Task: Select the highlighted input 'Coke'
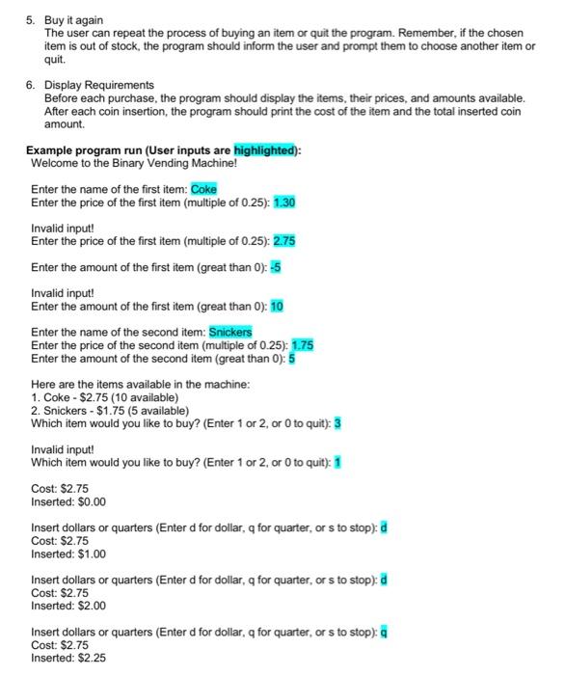click(203, 189)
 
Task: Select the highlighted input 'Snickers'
click(230, 332)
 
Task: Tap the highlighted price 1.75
click(302, 344)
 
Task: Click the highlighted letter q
click(384, 633)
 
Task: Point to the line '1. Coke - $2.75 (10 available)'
click(105, 397)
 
